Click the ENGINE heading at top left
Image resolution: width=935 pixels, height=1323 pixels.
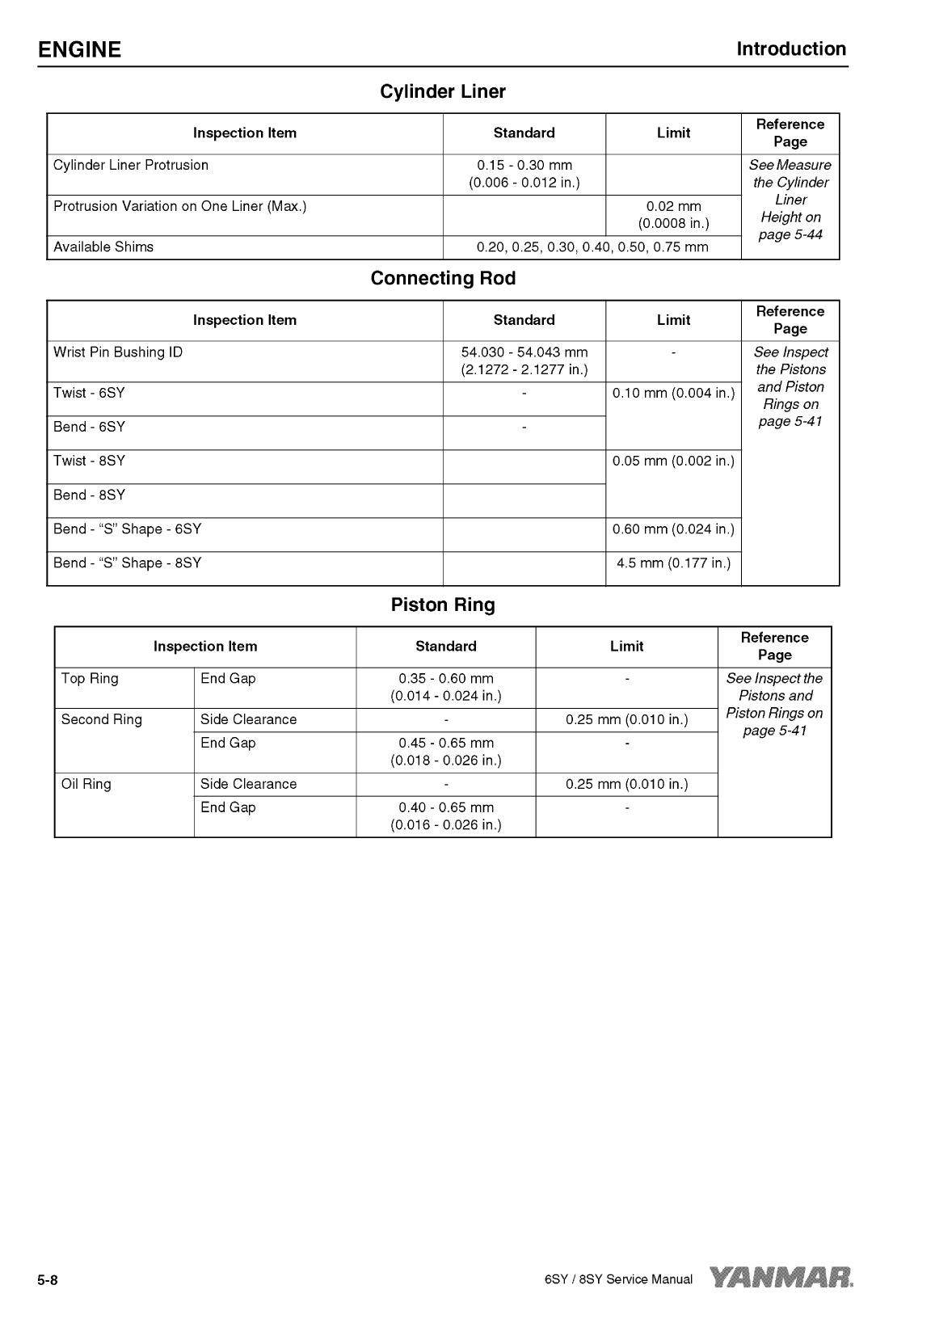pyautogui.click(x=79, y=50)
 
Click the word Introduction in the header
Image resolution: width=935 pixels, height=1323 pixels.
pyautogui.click(x=790, y=49)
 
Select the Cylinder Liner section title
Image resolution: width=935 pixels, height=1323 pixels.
pyautogui.click(x=443, y=92)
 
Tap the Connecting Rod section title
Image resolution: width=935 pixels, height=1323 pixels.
pyautogui.click(x=443, y=279)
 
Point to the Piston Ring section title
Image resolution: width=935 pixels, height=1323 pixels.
pyautogui.click(x=443, y=605)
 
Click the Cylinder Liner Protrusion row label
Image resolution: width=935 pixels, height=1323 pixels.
pyautogui.click(x=131, y=166)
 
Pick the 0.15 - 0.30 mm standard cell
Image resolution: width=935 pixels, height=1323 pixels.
pyautogui.click(x=524, y=174)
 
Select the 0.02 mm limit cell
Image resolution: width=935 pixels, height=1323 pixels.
pyautogui.click(x=673, y=215)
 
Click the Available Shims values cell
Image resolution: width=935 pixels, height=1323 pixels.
pyautogui.click(x=592, y=247)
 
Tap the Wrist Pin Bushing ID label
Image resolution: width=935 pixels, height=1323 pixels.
pyautogui.click(x=118, y=352)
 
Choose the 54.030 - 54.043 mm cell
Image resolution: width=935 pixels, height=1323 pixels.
pyautogui.click(x=524, y=361)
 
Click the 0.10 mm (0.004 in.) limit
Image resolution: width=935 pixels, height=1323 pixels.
pyautogui.click(x=673, y=394)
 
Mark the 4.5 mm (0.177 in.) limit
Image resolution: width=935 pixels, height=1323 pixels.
pyautogui.click(x=673, y=563)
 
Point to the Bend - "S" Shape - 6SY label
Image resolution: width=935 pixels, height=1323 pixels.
pyautogui.click(x=128, y=529)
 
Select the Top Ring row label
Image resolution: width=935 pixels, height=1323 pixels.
pyautogui.click(x=90, y=679)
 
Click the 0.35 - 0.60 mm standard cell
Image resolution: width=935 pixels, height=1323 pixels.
pyautogui.click(x=445, y=687)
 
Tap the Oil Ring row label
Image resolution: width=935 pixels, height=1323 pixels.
pyautogui.click(x=86, y=784)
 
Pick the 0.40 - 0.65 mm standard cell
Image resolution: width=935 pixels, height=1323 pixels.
pyautogui.click(x=445, y=816)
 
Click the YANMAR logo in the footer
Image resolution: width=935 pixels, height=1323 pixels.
pyautogui.click(x=781, y=1278)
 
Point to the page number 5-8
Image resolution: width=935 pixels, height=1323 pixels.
pyautogui.click(x=48, y=1280)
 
